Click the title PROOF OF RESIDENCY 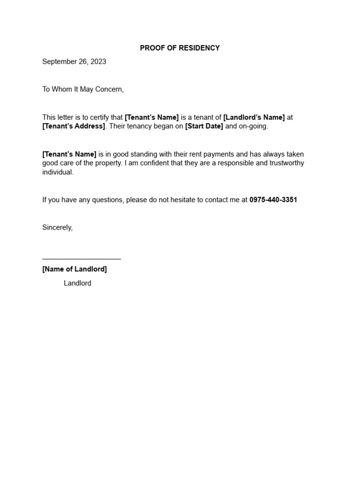click(x=180, y=48)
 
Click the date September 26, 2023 click(x=74, y=61)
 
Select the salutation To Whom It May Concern click(x=83, y=89)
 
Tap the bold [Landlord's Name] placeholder click(x=254, y=117)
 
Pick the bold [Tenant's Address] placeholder click(x=74, y=127)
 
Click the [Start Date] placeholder click(x=204, y=127)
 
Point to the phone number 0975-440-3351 click(x=273, y=200)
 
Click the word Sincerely click(x=57, y=227)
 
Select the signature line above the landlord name click(x=82, y=258)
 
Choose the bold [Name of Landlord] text click(x=75, y=269)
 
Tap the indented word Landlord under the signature click(x=77, y=283)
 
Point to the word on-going click(x=254, y=127)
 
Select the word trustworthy click(x=285, y=163)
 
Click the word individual click(x=58, y=172)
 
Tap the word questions click(x=108, y=200)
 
